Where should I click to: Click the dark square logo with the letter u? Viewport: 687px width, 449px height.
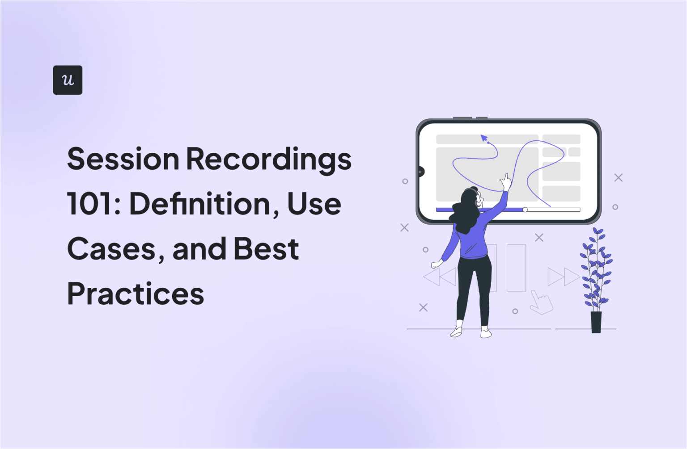tap(68, 80)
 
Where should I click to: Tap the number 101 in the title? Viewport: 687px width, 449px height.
tap(91, 204)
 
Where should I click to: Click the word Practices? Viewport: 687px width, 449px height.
tap(136, 294)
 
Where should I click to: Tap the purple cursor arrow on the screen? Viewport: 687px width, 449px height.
tap(484, 138)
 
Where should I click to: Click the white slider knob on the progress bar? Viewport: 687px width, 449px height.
tap(525, 210)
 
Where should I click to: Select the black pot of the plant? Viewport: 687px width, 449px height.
tap(596, 322)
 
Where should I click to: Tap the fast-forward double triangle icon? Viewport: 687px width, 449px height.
tap(564, 277)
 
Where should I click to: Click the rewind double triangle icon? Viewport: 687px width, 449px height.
tap(440, 277)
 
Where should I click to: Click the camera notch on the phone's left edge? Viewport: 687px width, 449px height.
tap(420, 171)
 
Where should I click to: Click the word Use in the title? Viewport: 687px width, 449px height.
tap(314, 204)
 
